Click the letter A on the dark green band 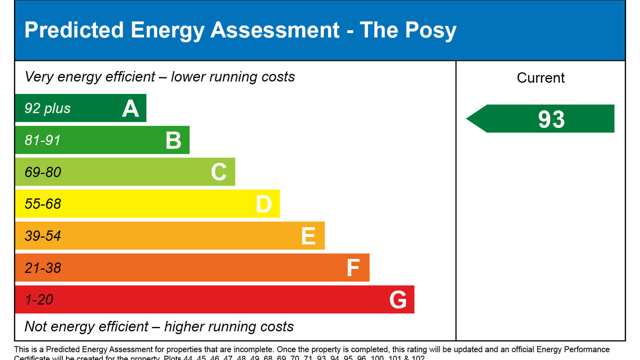point(130,108)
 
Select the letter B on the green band point(174,140)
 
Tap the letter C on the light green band point(219,172)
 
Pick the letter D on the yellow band point(264,204)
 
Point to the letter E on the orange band point(308,236)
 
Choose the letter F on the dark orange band point(353,268)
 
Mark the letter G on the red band point(398,300)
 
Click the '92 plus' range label point(47,108)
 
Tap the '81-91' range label point(43,140)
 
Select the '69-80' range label point(43,172)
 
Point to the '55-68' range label point(43,204)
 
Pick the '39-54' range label point(43,236)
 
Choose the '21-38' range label point(43,268)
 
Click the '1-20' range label point(39,300)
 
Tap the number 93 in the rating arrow point(551,119)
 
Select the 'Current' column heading point(540,78)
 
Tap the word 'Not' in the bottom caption point(36,327)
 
